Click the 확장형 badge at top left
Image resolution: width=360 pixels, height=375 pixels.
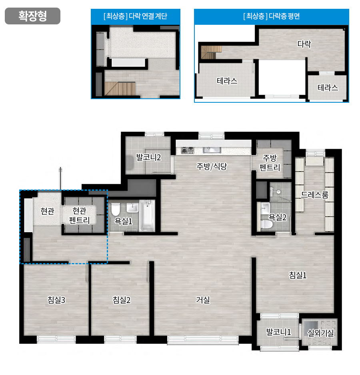[32, 16]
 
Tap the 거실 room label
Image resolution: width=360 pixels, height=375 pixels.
[203, 300]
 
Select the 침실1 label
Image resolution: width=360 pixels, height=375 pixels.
[298, 275]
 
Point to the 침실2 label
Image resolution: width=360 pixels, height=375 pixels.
[122, 300]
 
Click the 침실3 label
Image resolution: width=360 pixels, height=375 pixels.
[56, 300]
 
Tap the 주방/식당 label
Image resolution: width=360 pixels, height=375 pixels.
[212, 166]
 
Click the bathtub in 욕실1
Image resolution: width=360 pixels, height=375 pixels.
[147, 216]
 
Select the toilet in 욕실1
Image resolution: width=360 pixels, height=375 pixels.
[116, 209]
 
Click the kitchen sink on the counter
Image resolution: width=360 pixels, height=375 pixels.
[212, 150]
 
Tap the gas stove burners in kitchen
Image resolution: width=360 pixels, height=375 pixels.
[188, 150]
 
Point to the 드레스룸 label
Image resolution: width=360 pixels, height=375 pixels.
[314, 195]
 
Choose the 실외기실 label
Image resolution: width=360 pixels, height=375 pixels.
[320, 333]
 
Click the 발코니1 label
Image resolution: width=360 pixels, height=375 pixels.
[279, 332]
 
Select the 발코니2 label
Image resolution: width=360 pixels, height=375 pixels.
[148, 158]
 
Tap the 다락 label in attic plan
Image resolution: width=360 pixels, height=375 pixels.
[304, 44]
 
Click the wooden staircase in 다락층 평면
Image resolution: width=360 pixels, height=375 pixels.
[211, 52]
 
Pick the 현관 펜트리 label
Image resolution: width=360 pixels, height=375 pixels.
[79, 215]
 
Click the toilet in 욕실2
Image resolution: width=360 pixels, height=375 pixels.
[267, 225]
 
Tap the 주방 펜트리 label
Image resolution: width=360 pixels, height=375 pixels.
[270, 163]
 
